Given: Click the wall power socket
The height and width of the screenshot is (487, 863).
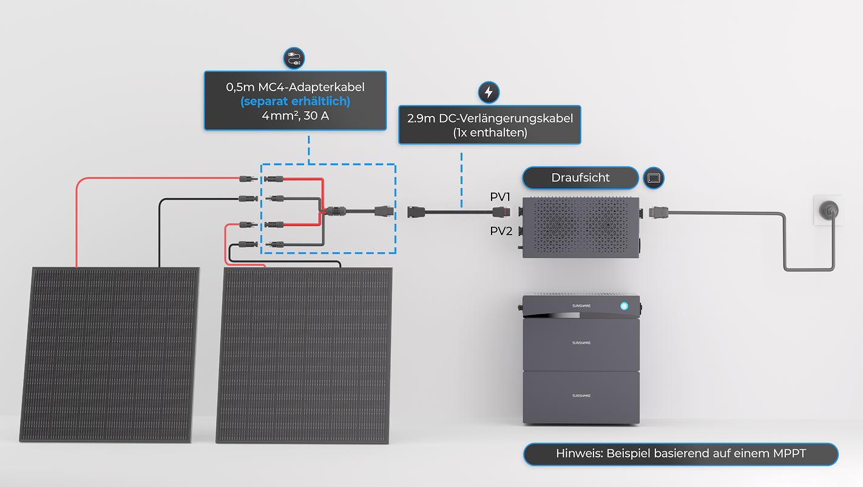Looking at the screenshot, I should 827,211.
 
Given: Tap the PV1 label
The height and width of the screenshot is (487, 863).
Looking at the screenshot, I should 501,197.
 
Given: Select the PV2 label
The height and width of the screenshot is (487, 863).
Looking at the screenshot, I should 501,231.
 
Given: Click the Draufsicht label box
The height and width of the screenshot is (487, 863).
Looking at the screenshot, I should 580,178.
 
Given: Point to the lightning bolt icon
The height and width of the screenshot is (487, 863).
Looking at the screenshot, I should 489,92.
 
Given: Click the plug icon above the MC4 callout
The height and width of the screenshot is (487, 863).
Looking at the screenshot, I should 294,58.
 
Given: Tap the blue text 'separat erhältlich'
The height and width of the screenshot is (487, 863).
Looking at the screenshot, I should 295,101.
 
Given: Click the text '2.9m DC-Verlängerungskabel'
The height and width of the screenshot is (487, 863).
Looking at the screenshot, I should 489,118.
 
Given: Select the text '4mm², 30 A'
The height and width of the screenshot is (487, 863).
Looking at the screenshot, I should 295,115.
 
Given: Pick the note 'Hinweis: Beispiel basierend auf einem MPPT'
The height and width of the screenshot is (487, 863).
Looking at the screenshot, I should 680,454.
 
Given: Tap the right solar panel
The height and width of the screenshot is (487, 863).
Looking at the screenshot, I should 304,355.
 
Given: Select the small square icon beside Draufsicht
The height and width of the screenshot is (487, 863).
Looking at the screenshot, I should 654,178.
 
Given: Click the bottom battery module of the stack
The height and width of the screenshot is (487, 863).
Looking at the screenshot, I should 581,397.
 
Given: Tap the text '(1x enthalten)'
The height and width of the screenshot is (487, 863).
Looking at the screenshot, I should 489,132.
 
